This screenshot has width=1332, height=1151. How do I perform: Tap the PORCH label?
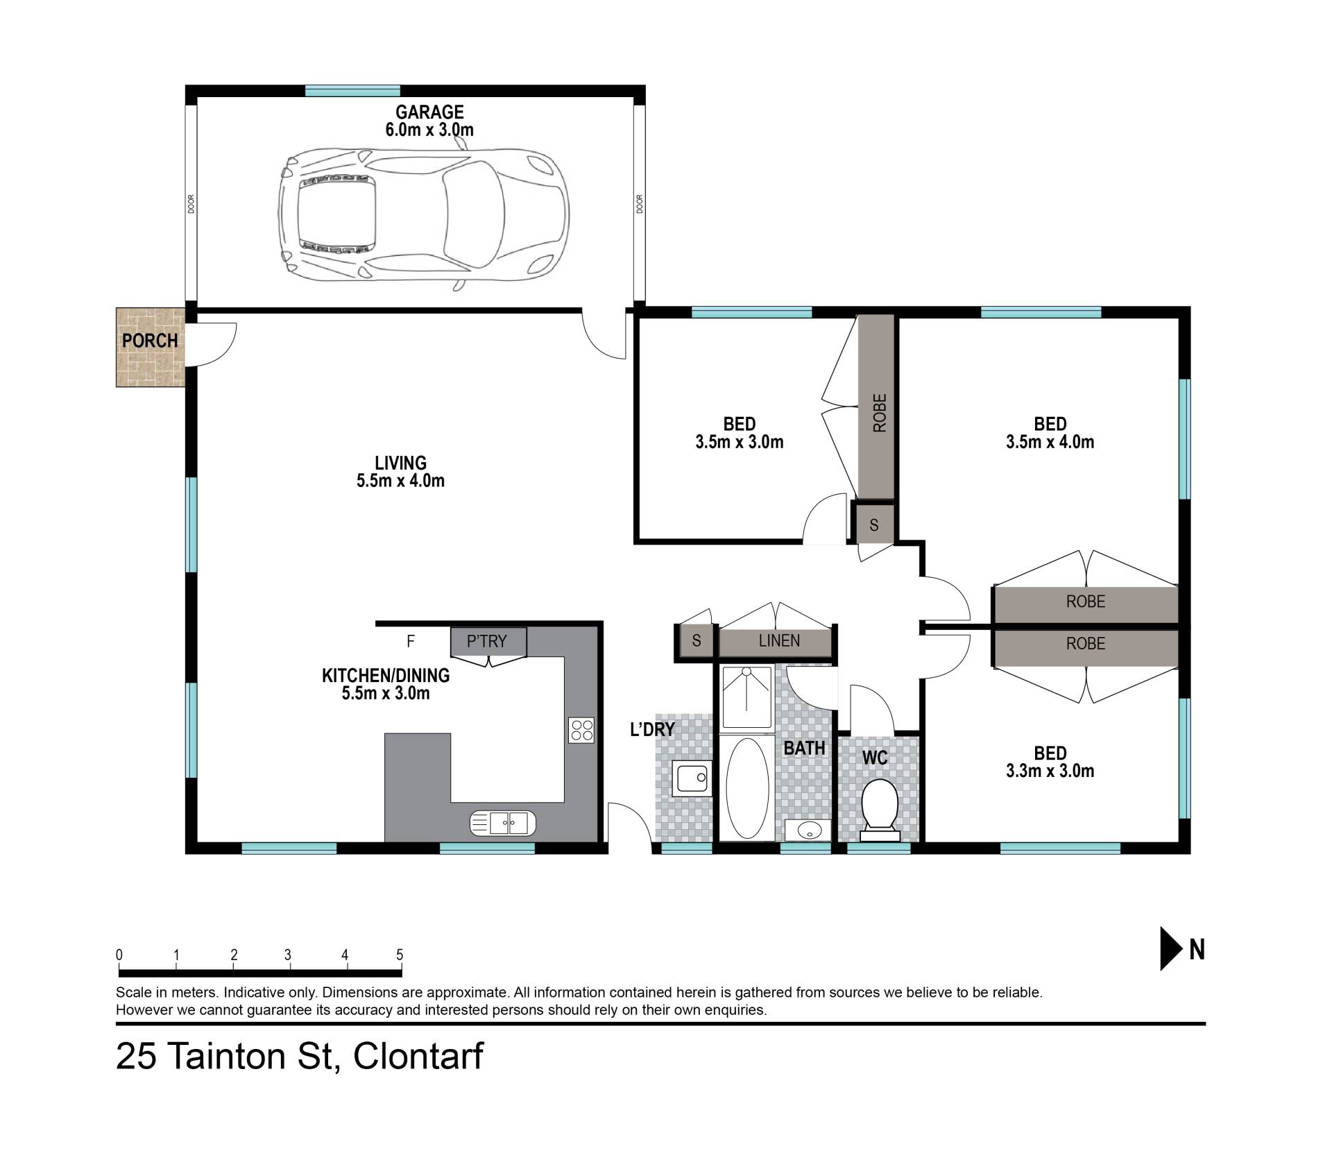point(150,341)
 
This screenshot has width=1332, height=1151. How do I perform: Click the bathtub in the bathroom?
point(746,788)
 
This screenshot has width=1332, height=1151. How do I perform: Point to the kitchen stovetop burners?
point(581,730)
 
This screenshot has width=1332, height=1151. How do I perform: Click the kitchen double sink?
point(503,823)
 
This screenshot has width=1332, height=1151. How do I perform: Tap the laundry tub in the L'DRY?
point(691,778)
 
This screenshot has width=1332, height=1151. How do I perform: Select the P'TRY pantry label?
point(487,641)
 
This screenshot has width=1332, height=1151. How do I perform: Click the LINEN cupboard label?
point(779,640)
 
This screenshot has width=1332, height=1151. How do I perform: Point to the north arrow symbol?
point(1172,949)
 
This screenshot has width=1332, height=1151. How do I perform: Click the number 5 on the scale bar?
point(400,955)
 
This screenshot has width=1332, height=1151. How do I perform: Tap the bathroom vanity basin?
point(808,830)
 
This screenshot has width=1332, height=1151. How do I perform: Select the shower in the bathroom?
point(746,697)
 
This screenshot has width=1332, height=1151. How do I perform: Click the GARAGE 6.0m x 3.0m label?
point(429,120)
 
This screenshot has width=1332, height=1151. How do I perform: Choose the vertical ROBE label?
point(879,413)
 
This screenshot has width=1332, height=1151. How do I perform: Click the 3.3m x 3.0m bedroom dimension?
point(1050,770)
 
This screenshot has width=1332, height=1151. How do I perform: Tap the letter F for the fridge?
point(411,641)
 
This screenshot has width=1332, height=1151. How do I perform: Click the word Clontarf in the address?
point(418,1057)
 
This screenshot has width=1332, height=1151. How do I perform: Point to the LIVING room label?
point(400,463)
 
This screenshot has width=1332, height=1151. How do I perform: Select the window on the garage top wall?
point(352,90)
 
